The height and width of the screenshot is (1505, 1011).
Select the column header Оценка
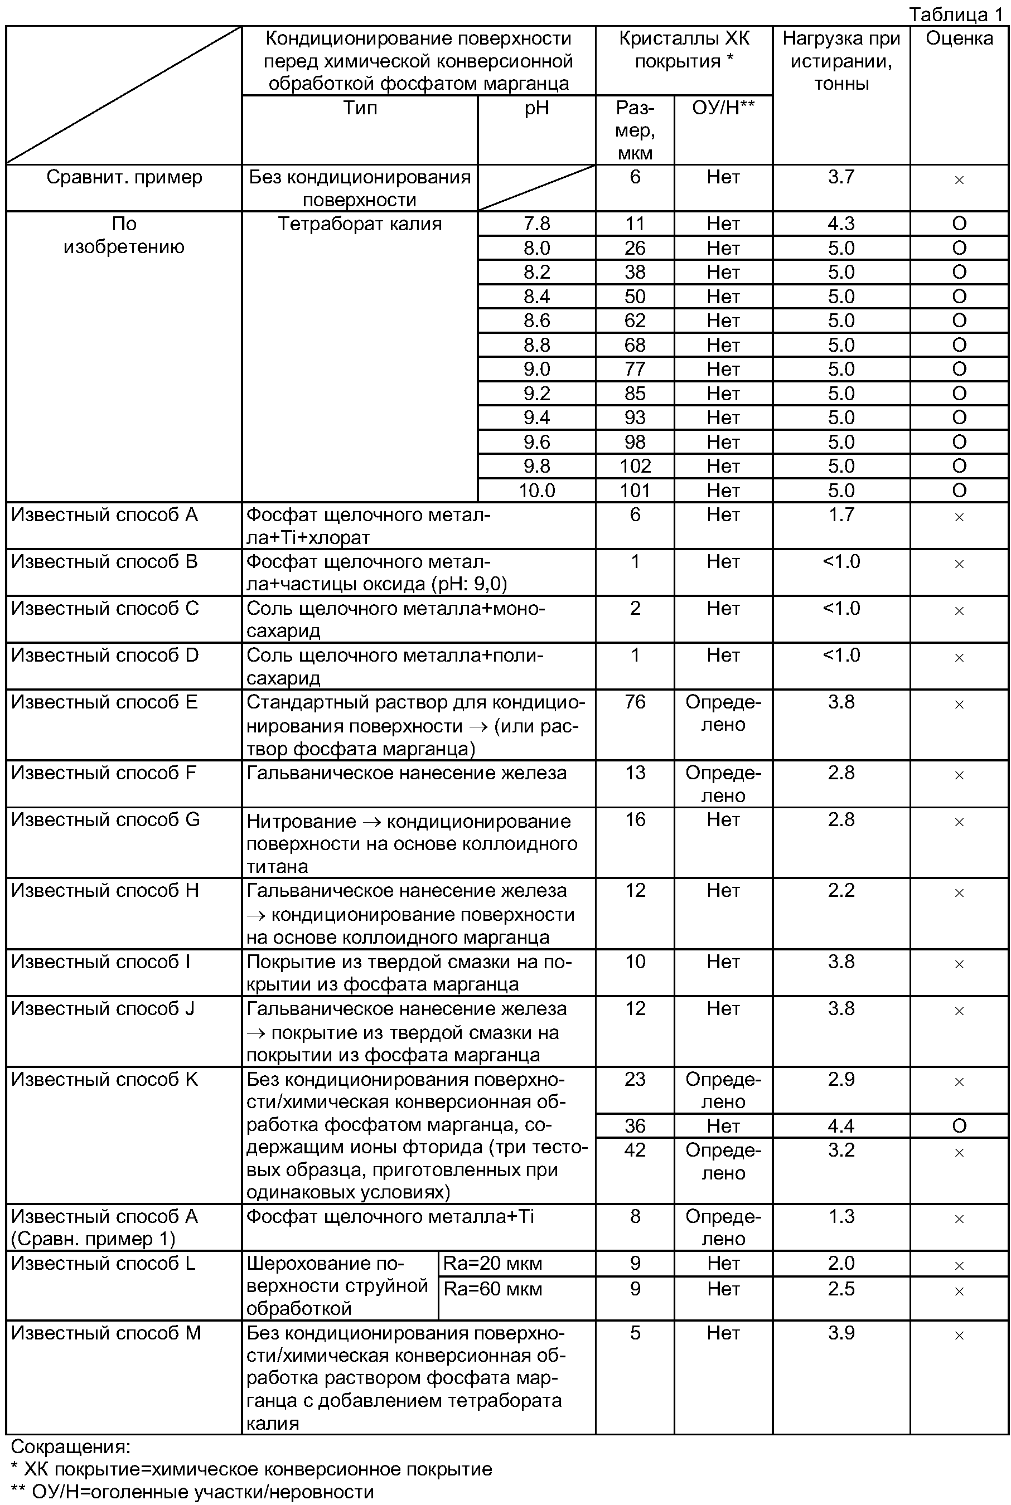tap(959, 38)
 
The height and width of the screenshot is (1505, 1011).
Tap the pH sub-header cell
tap(536, 108)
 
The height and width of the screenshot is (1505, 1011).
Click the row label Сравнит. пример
tap(124, 177)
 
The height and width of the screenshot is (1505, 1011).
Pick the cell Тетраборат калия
tap(360, 224)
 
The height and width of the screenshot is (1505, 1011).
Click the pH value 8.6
tap(536, 321)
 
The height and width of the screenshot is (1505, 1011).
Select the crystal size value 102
tap(635, 466)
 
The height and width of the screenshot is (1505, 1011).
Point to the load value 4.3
tap(841, 224)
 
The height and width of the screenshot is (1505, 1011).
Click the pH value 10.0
tap(536, 491)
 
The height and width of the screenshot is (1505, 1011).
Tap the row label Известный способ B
tap(104, 562)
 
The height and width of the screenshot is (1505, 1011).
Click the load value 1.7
tap(841, 515)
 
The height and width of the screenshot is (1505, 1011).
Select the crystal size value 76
tap(635, 702)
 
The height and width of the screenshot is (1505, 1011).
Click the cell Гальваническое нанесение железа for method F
tap(406, 773)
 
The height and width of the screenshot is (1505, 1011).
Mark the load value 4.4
tap(841, 1126)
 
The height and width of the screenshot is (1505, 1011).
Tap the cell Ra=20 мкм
tap(492, 1263)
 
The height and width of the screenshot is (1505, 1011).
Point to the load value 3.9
tap(841, 1333)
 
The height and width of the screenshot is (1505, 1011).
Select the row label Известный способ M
tap(107, 1333)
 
